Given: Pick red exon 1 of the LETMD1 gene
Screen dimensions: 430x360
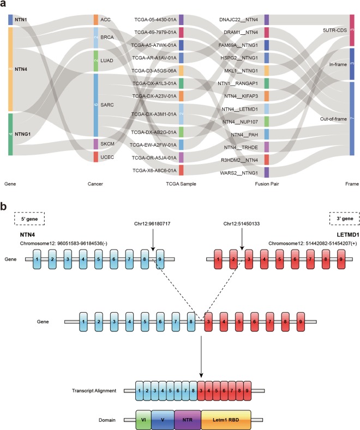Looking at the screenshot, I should pos(219,259).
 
